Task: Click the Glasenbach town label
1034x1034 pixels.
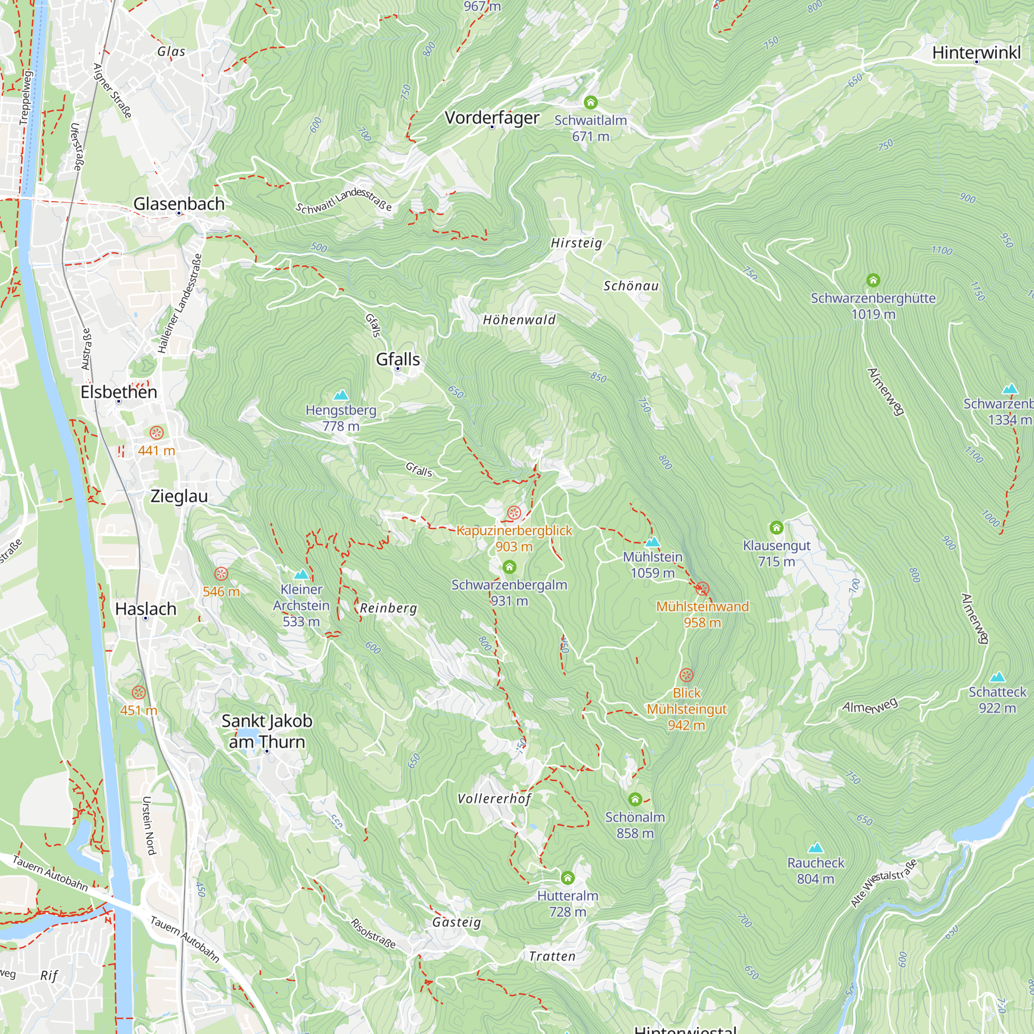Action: click(179, 203)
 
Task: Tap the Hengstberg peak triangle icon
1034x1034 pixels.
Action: click(341, 396)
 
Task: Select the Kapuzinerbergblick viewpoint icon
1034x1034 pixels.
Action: click(514, 513)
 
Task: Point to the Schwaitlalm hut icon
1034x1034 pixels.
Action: click(590, 102)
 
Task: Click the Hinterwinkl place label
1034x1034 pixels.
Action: click(976, 52)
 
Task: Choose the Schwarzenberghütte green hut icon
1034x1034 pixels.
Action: click(873, 280)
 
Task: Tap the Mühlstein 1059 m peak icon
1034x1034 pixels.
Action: click(652, 542)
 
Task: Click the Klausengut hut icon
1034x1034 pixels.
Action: click(776, 528)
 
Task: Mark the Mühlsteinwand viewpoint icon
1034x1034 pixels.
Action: click(702, 589)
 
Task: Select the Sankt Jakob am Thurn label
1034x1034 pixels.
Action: click(267, 731)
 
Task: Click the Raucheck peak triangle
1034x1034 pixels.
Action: click(815, 847)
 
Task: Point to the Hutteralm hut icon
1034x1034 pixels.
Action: click(567, 878)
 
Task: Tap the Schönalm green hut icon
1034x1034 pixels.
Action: click(635, 799)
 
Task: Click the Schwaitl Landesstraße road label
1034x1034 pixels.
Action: click(344, 200)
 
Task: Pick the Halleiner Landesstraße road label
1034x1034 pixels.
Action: click(180, 303)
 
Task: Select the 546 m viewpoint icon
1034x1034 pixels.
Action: click(221, 574)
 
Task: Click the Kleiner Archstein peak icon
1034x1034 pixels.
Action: click(301, 574)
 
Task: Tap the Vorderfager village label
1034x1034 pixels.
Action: click(491, 117)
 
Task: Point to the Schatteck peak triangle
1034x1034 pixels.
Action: click(997, 677)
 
